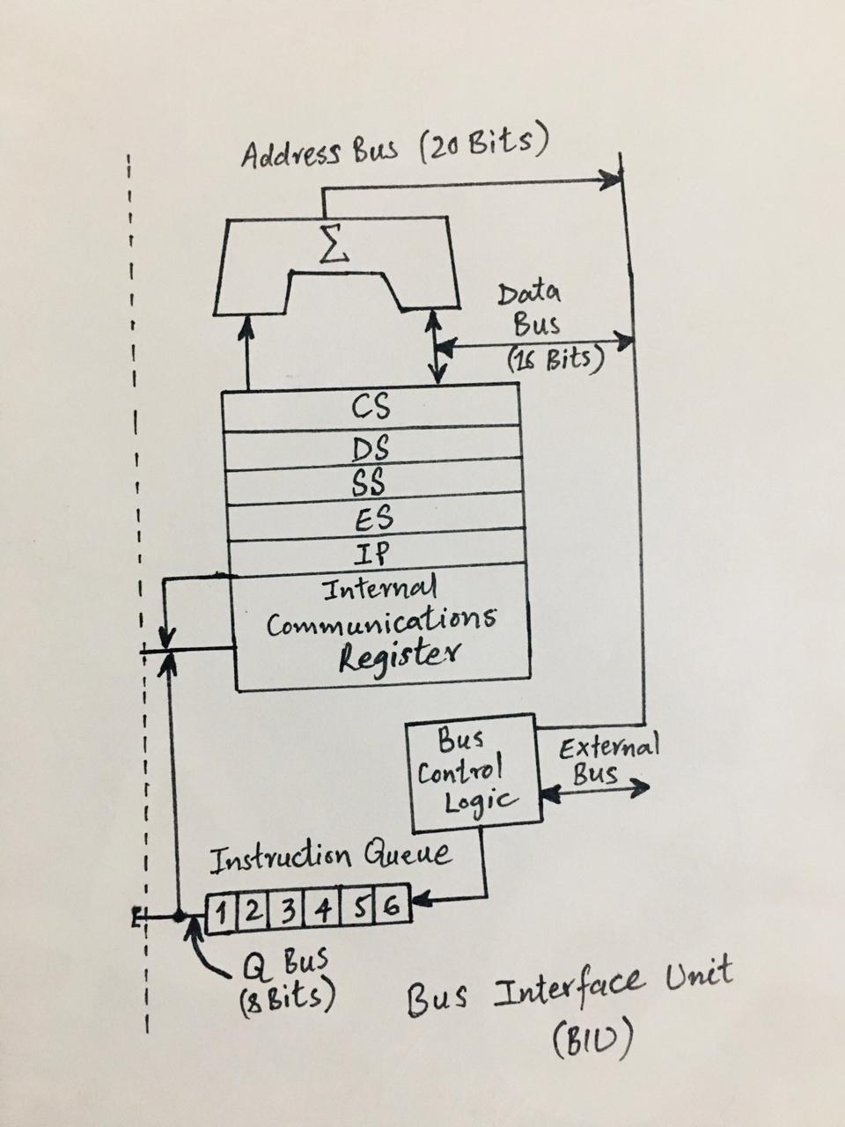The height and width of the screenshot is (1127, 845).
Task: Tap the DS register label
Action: (x=372, y=449)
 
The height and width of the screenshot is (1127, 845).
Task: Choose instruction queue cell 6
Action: (x=393, y=907)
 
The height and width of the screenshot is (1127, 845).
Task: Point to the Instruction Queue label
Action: (x=331, y=857)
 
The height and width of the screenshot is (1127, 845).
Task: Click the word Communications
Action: (x=381, y=621)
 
